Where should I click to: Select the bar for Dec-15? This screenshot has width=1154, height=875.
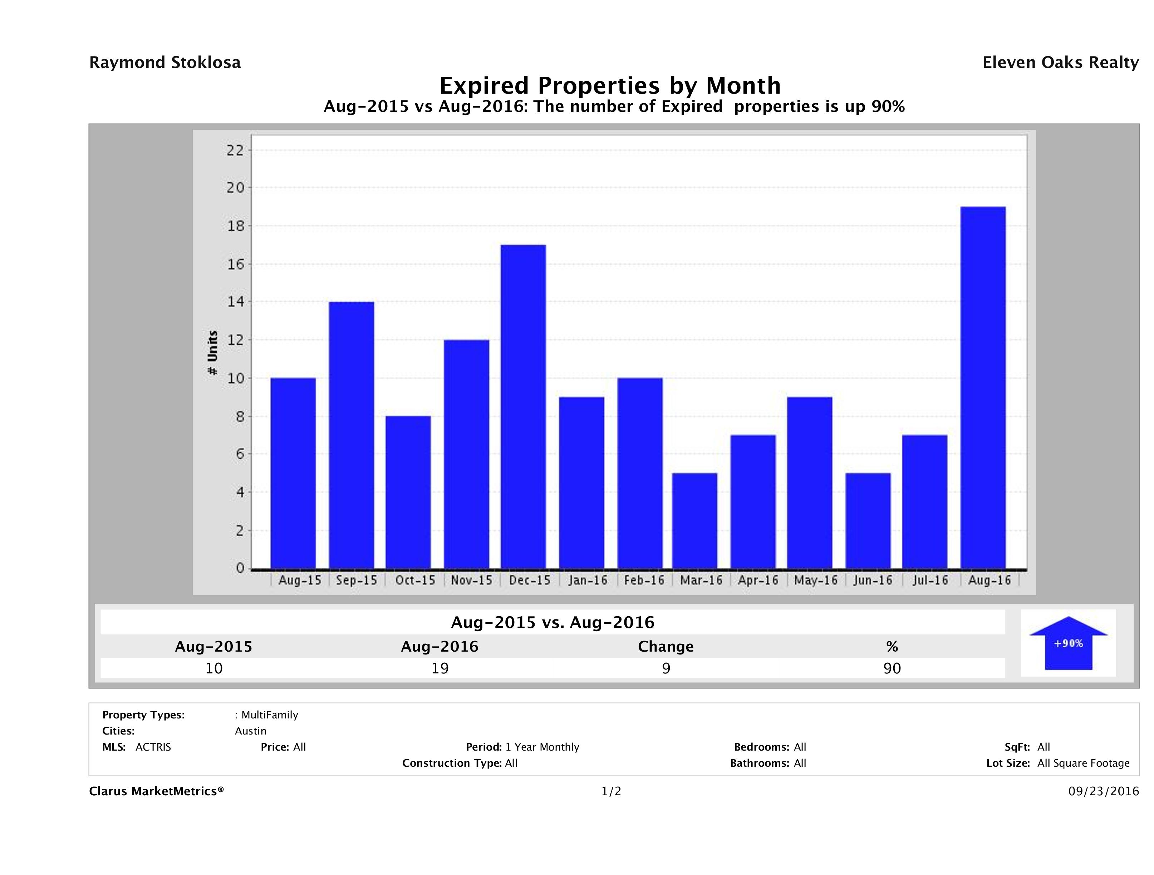523,407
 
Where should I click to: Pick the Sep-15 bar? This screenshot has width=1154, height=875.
351,435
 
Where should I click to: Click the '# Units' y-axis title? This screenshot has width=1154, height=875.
212,353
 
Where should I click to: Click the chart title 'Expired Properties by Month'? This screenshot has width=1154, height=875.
610,85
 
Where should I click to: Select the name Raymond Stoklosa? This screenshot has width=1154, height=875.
165,63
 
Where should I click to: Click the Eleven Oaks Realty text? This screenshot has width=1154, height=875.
1060,63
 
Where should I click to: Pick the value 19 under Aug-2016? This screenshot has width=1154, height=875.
440,668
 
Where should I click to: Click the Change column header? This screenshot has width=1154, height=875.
666,647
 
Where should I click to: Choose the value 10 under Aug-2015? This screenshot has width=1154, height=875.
214,668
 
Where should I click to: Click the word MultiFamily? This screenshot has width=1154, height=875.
270,715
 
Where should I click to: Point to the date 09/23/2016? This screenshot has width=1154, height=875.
1103,792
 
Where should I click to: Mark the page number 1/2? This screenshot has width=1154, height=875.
611,792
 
